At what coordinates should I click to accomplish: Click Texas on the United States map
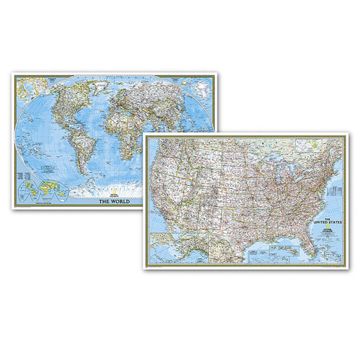tap(234, 223)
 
